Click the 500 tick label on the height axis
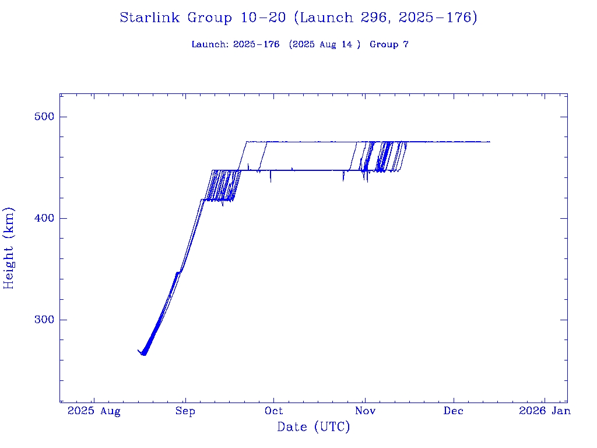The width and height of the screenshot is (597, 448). pyautogui.click(x=42, y=117)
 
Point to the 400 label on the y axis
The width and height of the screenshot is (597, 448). pyautogui.click(x=42, y=218)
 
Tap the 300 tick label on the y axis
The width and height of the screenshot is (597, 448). pyautogui.click(x=42, y=320)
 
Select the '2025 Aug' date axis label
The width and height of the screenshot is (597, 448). pyautogui.click(x=94, y=411)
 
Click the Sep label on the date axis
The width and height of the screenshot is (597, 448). pyautogui.click(x=185, y=411)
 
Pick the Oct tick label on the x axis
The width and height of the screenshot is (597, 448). pyautogui.click(x=274, y=411)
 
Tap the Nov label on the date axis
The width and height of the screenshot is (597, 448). pyautogui.click(x=364, y=411)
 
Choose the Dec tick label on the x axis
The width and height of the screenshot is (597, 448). pyautogui.click(x=454, y=411)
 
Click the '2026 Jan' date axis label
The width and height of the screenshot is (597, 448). pyautogui.click(x=545, y=411)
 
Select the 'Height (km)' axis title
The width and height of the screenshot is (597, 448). pyautogui.click(x=9, y=248)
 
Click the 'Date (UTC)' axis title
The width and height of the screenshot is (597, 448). pyautogui.click(x=314, y=428)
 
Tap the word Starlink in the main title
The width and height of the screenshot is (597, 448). pyautogui.click(x=150, y=18)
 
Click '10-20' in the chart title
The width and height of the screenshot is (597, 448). pyautogui.click(x=262, y=18)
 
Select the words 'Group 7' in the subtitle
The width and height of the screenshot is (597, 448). pyautogui.click(x=389, y=44)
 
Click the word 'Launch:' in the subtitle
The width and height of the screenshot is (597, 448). pyautogui.click(x=210, y=44)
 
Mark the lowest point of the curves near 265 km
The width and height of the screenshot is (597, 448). pyautogui.click(x=144, y=354)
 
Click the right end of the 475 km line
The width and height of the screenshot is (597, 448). pyautogui.click(x=490, y=142)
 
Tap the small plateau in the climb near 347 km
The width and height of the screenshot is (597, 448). pyautogui.click(x=178, y=272)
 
